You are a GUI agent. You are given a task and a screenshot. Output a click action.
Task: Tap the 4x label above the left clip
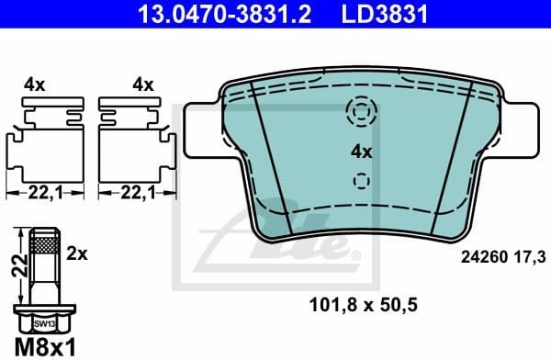[x=35, y=84]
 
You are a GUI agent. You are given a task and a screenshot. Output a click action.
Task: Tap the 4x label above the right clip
[x=141, y=84]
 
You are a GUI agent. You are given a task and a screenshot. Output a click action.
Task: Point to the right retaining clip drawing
[x=135, y=138]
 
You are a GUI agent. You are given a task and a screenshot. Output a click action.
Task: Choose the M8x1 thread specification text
[x=41, y=346]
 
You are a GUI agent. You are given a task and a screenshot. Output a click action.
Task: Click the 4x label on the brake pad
[x=361, y=152]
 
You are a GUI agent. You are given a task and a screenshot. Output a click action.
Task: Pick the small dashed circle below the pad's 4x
[x=361, y=181]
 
